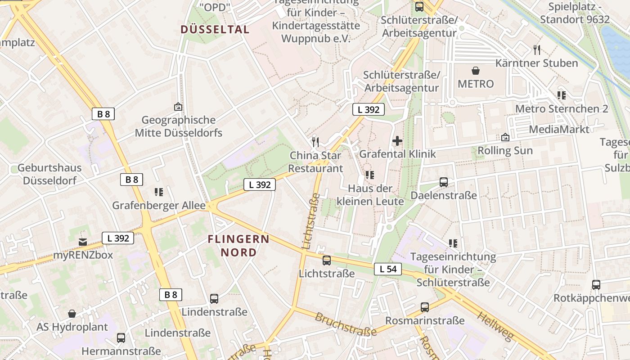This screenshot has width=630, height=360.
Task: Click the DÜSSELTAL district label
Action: point(215,30)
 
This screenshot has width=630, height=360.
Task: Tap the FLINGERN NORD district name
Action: point(238,246)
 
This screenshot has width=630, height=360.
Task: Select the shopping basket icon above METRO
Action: point(476,71)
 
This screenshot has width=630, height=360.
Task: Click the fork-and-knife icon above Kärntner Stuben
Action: point(536,49)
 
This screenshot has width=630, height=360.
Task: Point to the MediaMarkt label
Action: point(559,130)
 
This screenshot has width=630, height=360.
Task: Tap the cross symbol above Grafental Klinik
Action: point(397,141)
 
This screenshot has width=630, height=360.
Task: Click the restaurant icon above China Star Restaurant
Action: point(315,142)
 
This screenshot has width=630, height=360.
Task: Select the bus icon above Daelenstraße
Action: point(444,182)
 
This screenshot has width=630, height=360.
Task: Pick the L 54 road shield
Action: point(387,269)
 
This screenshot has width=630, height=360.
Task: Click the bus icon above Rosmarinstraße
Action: point(425,307)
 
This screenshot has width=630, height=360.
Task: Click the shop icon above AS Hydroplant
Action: point(72,314)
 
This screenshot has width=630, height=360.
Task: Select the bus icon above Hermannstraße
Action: point(121,337)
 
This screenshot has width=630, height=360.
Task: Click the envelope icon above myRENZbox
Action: point(83,242)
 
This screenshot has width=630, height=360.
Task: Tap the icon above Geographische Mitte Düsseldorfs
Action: point(178,107)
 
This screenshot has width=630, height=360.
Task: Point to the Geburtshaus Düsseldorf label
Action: point(49,174)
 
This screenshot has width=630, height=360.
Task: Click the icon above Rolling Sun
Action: point(505,137)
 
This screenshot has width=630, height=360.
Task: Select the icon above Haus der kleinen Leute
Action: point(370,175)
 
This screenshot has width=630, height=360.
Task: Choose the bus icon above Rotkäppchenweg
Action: point(596,285)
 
